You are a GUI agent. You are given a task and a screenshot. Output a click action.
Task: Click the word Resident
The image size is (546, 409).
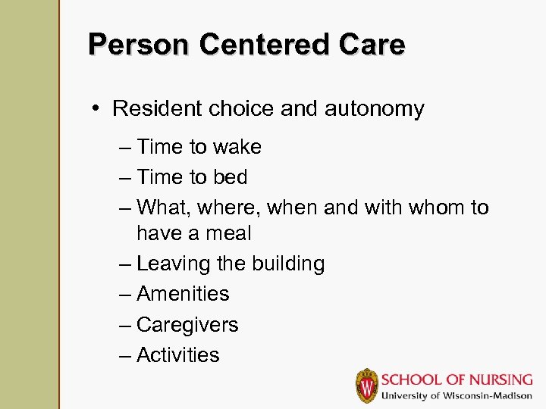(156, 109)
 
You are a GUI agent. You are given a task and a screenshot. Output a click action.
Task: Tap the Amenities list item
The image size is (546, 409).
(183, 294)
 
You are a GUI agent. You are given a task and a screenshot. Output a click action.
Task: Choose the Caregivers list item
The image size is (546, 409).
(187, 325)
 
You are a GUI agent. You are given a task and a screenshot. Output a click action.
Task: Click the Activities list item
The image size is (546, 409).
(178, 355)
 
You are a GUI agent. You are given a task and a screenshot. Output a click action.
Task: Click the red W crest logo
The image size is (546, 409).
(367, 386)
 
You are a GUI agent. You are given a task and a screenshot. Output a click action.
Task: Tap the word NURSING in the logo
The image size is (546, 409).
(490, 379)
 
